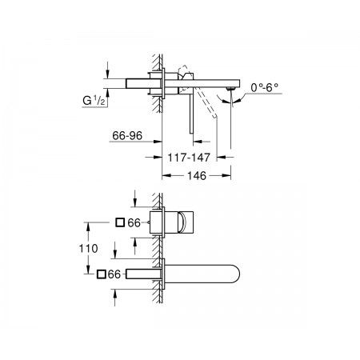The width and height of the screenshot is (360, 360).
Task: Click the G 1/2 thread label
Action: tap(94, 101)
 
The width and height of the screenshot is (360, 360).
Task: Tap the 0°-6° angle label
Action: tap(264, 87)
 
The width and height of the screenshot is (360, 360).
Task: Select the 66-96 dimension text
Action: tap(127, 136)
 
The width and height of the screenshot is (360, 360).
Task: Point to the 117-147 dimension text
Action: tap(189, 158)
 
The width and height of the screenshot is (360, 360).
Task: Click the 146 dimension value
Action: tap(197, 176)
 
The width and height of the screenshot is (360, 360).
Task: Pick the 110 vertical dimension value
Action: tap(88, 249)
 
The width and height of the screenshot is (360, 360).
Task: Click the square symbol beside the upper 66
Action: tap(120, 222)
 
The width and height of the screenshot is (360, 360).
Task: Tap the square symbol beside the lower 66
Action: tap(102, 274)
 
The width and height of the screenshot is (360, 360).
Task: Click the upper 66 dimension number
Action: tap(134, 222)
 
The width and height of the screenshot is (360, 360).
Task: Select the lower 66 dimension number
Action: tap(114, 274)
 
